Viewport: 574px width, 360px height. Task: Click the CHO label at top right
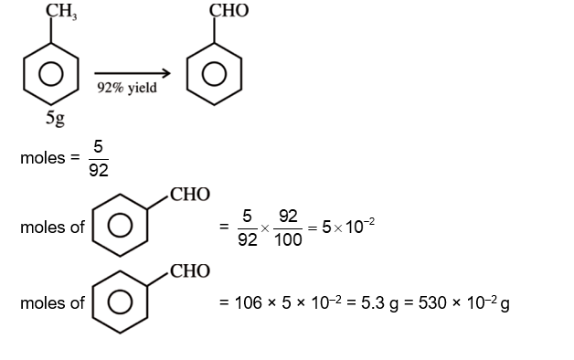tap(229, 11)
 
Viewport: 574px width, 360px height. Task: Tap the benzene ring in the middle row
tap(120, 225)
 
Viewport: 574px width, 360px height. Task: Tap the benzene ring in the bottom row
tap(120, 302)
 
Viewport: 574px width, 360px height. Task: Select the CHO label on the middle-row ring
tap(189, 195)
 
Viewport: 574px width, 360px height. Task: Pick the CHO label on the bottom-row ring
tap(189, 271)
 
